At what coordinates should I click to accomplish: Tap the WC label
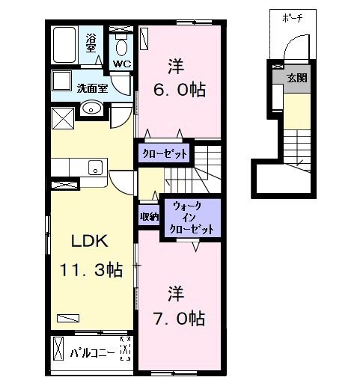click(121, 64)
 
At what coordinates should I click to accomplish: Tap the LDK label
click(90, 241)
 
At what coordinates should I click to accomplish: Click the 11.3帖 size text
click(91, 270)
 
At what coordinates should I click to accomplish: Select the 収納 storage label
click(148, 217)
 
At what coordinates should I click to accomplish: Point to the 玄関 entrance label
click(296, 77)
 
